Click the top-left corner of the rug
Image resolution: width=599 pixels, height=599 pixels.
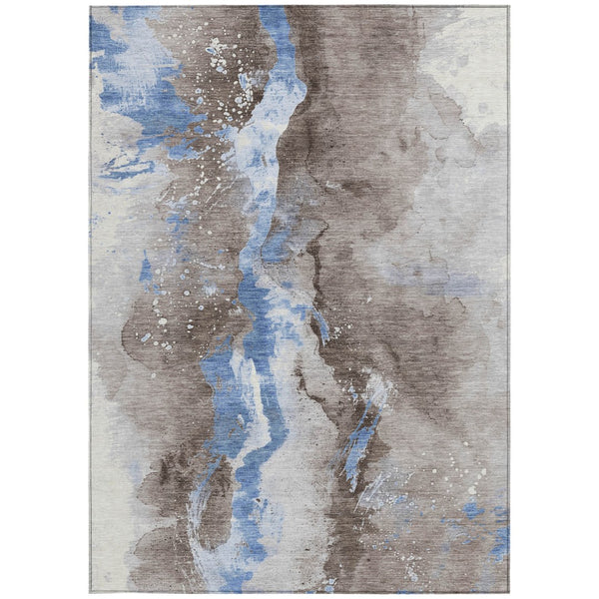coord(91,8)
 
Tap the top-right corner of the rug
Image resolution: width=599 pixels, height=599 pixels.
coord(508,8)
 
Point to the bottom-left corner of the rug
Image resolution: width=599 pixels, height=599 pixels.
coord(91,591)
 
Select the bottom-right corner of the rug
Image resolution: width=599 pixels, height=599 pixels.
coord(508,591)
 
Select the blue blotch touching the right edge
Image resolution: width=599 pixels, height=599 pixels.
coord(498,539)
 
